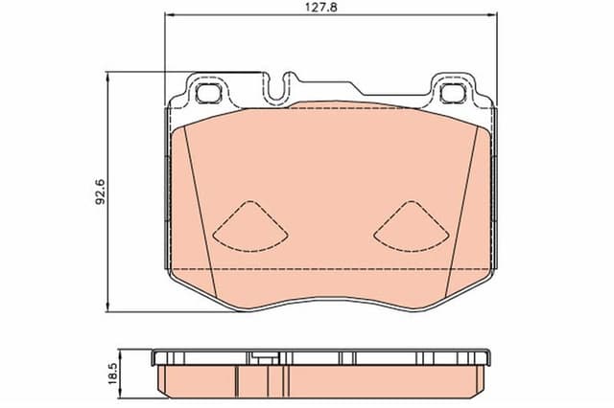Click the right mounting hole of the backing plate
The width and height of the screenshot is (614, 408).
point(448,92)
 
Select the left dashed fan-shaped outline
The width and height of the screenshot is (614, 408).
point(249,225)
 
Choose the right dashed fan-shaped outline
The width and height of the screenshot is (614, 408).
point(409,225)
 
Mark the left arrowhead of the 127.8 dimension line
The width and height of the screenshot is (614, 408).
point(170,17)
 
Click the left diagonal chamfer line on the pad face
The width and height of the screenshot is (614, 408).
point(199,201)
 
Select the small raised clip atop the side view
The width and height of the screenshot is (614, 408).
point(260,357)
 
